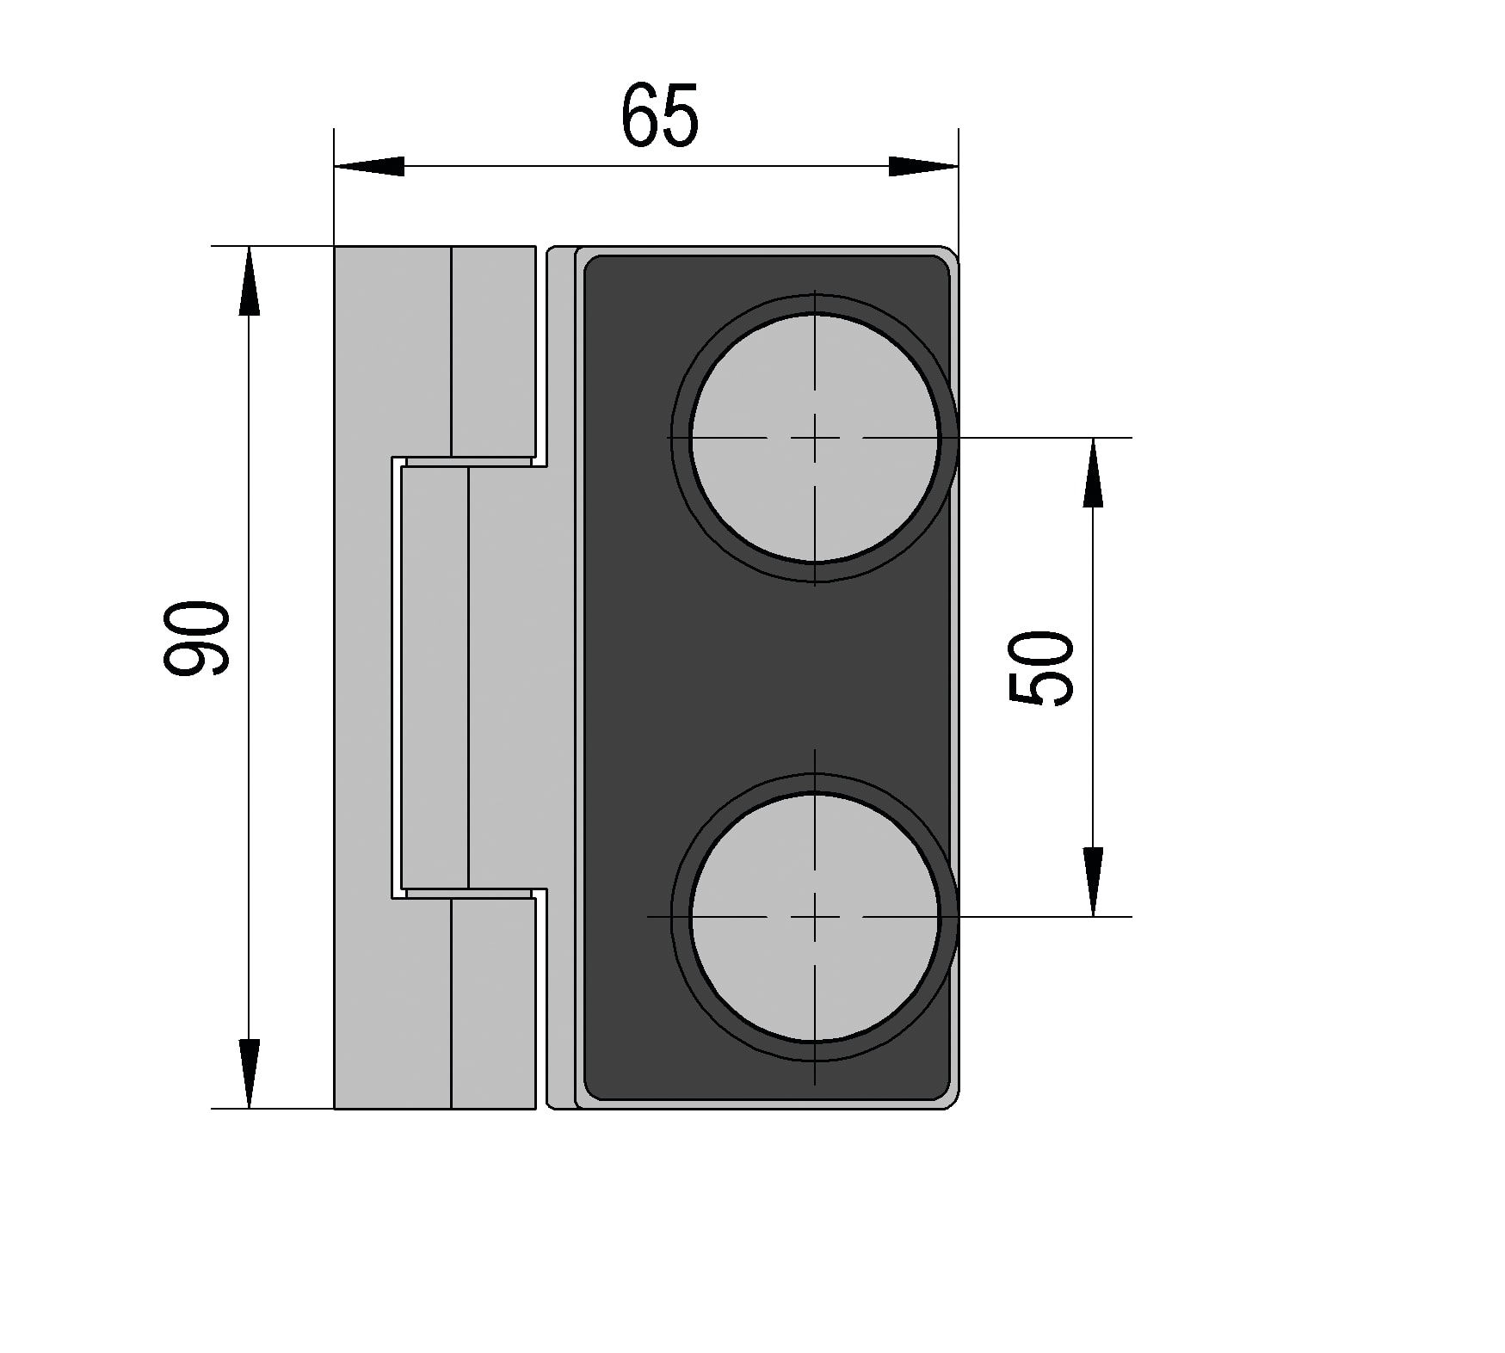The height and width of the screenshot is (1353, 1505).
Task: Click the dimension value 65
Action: tap(660, 115)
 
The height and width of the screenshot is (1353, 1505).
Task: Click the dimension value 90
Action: tap(197, 637)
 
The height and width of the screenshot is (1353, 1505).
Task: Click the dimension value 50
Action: tap(1041, 669)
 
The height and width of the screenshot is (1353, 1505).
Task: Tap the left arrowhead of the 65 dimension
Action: tap(369, 167)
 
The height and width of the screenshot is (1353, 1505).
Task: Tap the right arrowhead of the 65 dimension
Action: tap(923, 167)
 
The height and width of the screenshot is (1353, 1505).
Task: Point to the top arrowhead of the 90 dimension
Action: tap(249, 281)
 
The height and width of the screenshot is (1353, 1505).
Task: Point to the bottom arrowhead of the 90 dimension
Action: tap(249, 1073)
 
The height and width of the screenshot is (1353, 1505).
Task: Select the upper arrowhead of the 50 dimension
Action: tap(1093, 472)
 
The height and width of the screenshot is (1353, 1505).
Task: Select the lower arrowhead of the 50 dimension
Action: tap(1093, 882)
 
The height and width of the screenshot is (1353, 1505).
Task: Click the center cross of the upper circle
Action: tap(815, 438)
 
